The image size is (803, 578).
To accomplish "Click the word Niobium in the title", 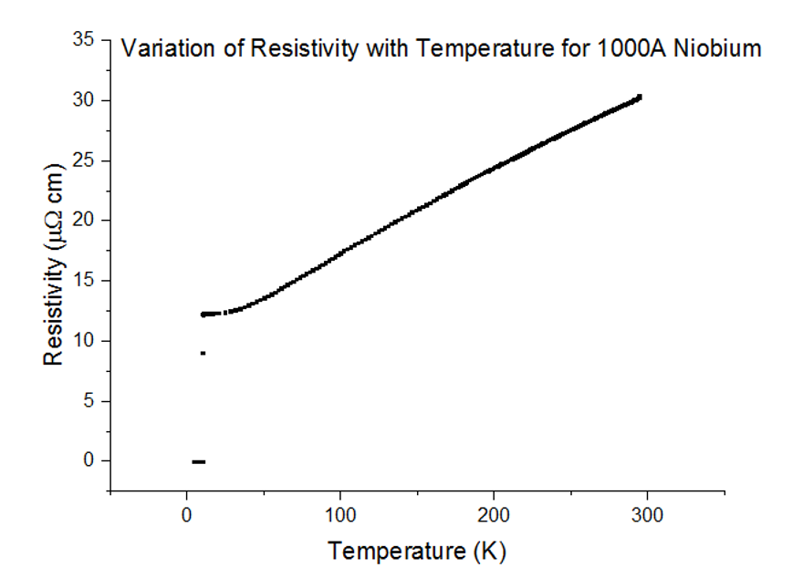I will pyautogui.click(x=715, y=48).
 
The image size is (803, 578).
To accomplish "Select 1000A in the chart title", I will pyautogui.click(x=624, y=48).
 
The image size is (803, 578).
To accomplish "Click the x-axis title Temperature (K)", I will pyautogui.click(x=417, y=552).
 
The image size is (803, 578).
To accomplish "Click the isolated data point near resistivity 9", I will pyautogui.click(x=203, y=353).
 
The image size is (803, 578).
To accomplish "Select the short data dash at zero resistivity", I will pyautogui.click(x=198, y=462).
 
